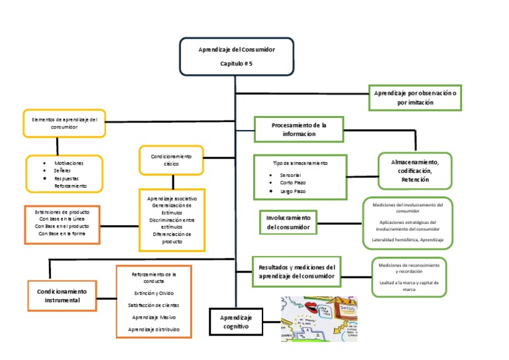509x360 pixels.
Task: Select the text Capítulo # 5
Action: pyautogui.click(x=236, y=64)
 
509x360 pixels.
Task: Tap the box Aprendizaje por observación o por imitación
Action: pyautogui.click(x=415, y=98)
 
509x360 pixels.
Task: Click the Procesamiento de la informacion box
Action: pyautogui.click(x=298, y=129)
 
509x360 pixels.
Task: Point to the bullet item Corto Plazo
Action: pyautogui.click(x=292, y=182)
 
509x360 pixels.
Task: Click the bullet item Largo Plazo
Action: pyautogui.click(x=292, y=191)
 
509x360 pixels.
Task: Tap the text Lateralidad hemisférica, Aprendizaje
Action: pyautogui.click(x=408, y=239)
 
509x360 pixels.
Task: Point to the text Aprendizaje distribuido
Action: pyautogui.click(x=153, y=329)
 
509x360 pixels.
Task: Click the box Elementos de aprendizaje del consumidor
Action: pyautogui.click(x=64, y=123)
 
